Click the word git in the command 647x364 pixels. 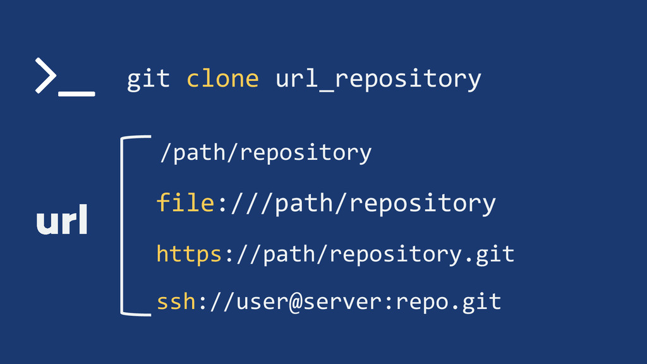coord(148,79)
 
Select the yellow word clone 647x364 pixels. coord(222,79)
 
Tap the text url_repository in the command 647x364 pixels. coord(378,80)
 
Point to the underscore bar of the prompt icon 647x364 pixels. coord(76,94)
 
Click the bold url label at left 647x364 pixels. coord(62,222)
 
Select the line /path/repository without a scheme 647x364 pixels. coord(265,152)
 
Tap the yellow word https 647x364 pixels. coord(189,253)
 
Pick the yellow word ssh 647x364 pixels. coord(176,301)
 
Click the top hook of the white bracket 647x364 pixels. coord(136,136)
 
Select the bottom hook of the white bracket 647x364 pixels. coord(136,313)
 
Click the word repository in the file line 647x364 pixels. coord(422,203)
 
